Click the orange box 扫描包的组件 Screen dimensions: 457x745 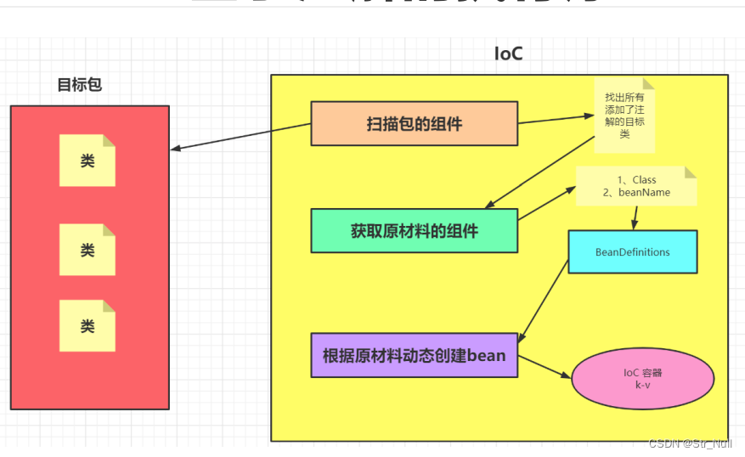(x=414, y=124)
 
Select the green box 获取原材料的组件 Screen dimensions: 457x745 (x=414, y=230)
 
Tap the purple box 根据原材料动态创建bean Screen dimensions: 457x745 (x=414, y=355)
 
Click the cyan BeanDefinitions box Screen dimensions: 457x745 (x=632, y=252)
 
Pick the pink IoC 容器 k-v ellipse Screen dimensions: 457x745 (x=642, y=379)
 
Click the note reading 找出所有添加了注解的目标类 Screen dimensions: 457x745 (x=624, y=116)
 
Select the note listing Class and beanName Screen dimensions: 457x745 (x=635, y=186)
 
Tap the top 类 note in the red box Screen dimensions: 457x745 (x=87, y=161)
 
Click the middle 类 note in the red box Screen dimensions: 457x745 (x=87, y=250)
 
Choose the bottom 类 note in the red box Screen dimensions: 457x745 (x=87, y=326)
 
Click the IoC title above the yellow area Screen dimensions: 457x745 (x=508, y=54)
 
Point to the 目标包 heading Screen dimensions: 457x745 (x=79, y=85)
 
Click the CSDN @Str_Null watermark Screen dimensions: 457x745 (x=690, y=443)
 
